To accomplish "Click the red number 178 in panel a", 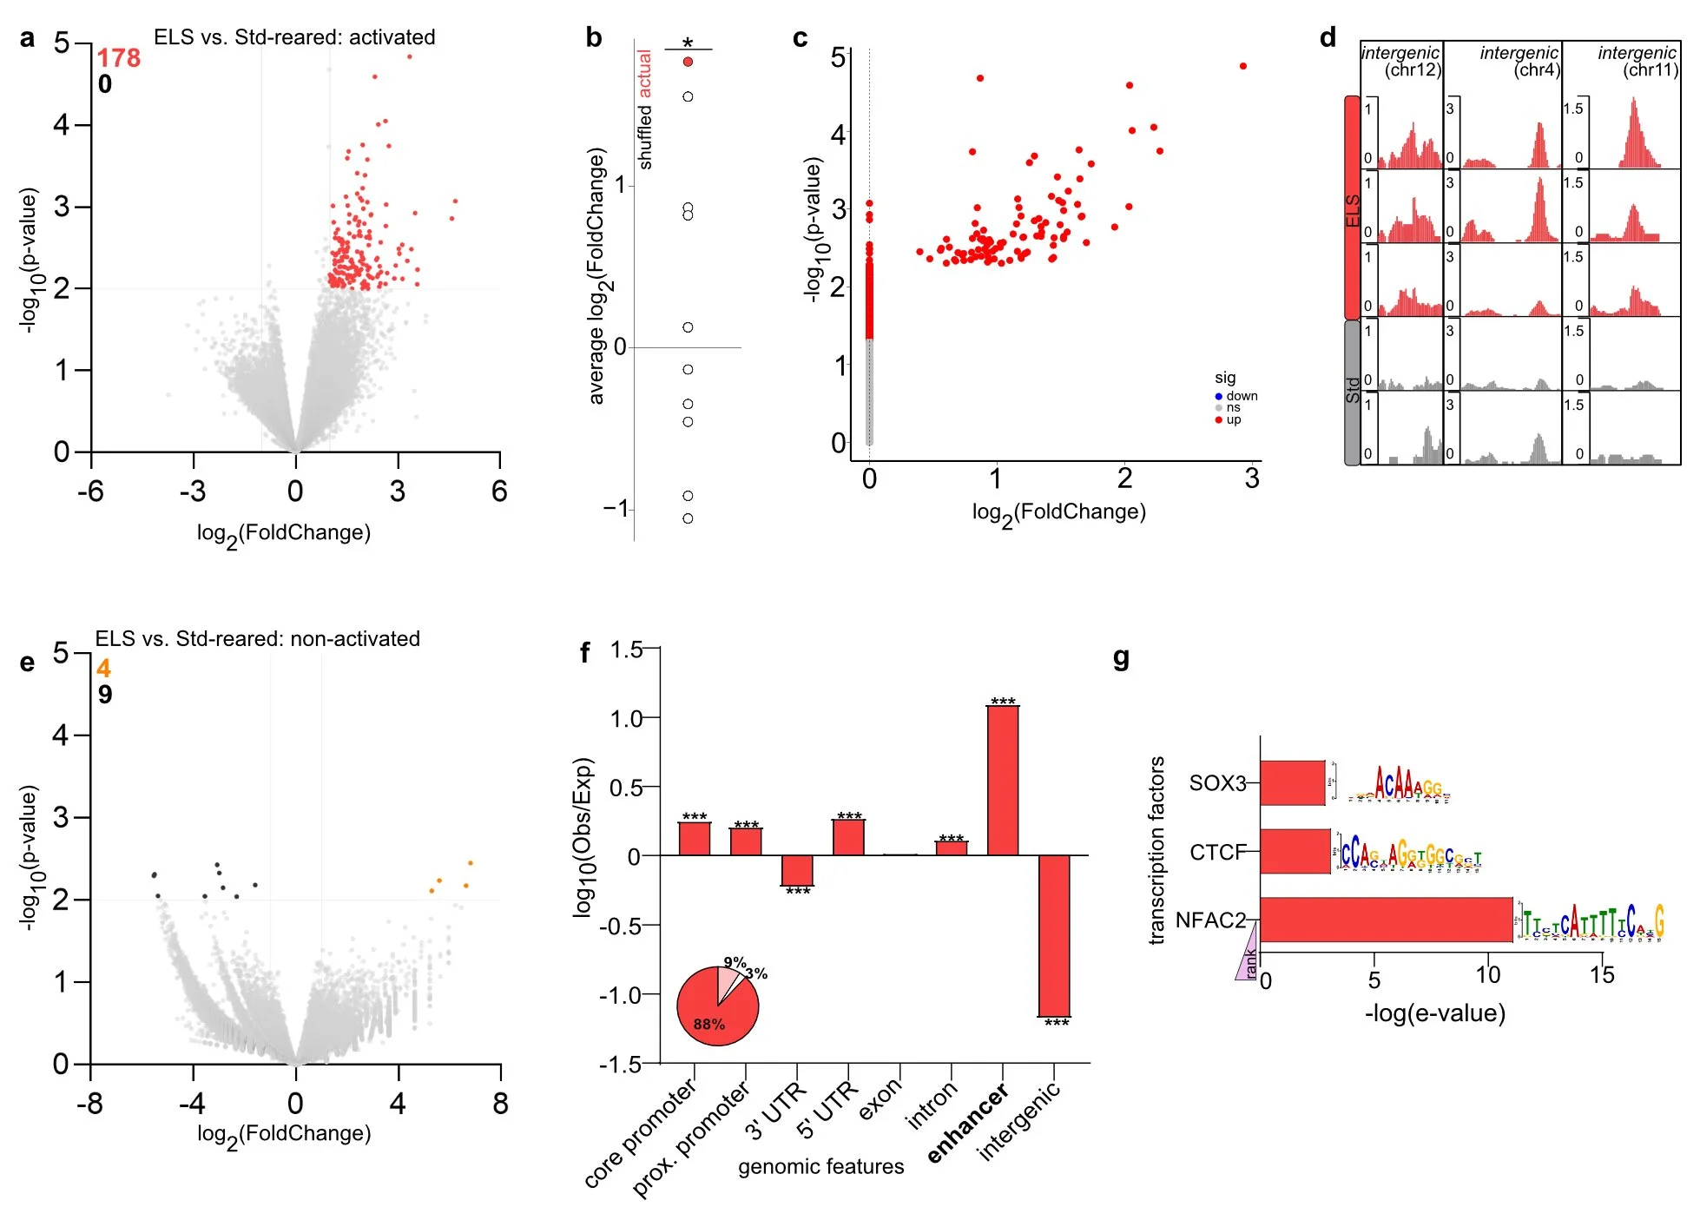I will coord(118,58).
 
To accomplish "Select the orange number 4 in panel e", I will coord(103,669).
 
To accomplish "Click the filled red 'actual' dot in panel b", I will coord(688,62).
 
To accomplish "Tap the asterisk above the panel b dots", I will coord(688,43).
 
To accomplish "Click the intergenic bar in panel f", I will coord(1055,935).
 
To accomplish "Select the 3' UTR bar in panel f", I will coord(797,870).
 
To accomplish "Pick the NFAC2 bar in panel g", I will coord(1386,920).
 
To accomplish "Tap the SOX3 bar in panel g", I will coord(1293,783).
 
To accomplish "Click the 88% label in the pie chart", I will coord(709,1025).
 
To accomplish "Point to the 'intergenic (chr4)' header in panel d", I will coord(1519,61).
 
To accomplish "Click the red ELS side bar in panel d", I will coord(1352,208).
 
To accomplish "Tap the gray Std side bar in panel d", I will coord(1352,392).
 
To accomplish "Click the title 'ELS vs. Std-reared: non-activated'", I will coord(257,639).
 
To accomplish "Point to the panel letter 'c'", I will coord(801,38).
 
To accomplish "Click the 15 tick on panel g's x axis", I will coord(1602,976).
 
